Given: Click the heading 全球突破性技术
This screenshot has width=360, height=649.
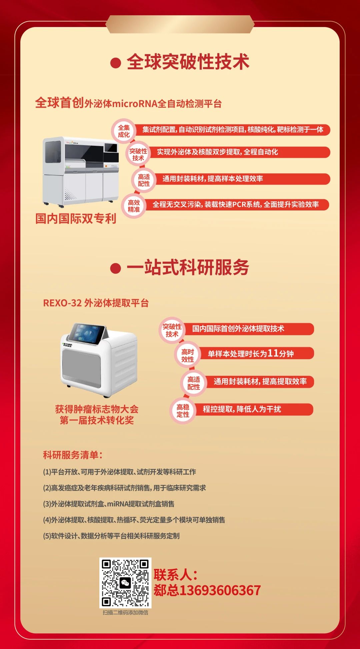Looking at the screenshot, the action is [188, 62].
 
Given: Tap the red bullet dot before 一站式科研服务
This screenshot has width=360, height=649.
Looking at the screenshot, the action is [115, 268].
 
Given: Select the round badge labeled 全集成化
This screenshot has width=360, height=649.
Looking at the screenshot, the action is [124, 131].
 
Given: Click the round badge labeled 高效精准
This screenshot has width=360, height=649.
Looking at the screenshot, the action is [134, 206].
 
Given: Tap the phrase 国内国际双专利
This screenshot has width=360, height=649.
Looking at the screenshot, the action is [76, 219].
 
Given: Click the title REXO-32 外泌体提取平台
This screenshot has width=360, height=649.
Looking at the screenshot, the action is [96, 303].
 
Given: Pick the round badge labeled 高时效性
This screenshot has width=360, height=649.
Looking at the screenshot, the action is [187, 356].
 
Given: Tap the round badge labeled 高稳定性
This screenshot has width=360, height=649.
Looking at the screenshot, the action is [183, 411].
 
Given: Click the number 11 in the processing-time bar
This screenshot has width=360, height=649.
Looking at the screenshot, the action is [273, 353].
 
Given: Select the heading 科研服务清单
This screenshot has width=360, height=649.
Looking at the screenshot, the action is [73, 455].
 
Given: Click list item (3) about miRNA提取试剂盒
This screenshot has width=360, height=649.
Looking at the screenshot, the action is [109, 504].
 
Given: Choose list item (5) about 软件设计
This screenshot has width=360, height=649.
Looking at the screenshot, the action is [111, 536].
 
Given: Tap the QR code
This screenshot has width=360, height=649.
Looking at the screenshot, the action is [125, 583].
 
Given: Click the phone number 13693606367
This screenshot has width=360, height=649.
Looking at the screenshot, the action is [220, 590].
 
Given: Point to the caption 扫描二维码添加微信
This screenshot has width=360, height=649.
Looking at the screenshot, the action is [125, 612].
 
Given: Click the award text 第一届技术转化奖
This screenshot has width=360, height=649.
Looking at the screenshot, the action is [97, 420].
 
